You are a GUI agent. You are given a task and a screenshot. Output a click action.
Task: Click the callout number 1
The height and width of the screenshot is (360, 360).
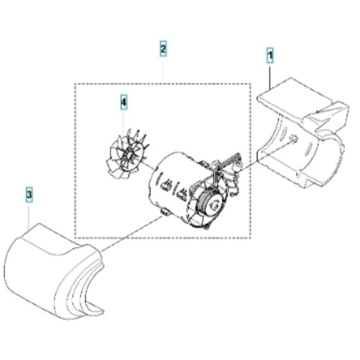coord(270,57)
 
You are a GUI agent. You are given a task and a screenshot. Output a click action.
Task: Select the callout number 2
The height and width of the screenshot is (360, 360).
coord(163,49)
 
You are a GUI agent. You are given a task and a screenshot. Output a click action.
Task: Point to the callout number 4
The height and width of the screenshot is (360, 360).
coord(123,101)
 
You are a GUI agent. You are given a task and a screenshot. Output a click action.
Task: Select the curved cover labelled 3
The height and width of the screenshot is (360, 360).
coord(51,264)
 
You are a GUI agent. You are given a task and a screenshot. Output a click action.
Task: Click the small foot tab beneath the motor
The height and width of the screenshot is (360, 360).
coord(165,213)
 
